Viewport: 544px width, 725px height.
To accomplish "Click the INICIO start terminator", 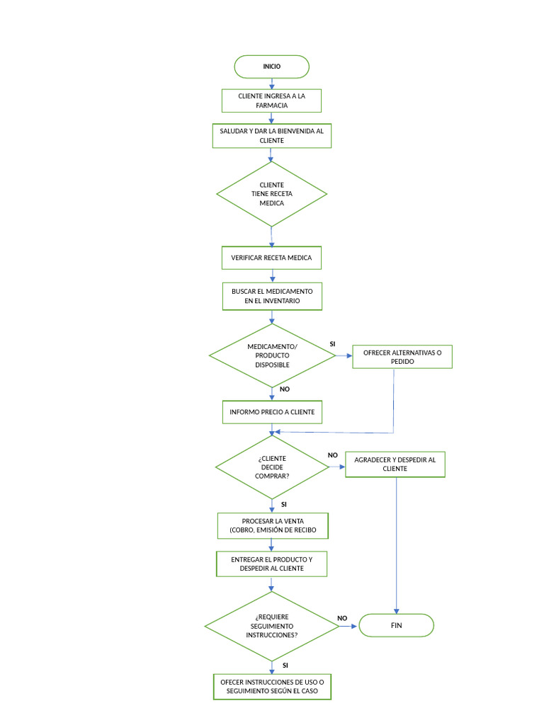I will pos(272,67).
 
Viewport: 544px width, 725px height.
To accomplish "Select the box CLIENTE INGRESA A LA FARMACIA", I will pos(272,101).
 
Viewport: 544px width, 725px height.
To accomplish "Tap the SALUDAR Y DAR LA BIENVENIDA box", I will pos(272,136).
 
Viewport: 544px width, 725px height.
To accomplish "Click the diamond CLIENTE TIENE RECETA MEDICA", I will pos(272,194).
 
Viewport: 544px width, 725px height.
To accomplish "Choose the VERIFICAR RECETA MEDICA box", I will pos(272,258).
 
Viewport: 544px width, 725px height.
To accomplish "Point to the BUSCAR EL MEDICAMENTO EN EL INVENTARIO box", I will pos(272,296).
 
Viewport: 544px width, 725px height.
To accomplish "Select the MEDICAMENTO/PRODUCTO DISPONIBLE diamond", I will pos(272,355).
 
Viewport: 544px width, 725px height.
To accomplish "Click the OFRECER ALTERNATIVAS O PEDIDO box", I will pos(402,357).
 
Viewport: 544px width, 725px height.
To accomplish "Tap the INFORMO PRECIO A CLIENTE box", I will pos(272,412).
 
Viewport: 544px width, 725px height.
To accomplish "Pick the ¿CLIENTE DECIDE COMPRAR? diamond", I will pos(272,467).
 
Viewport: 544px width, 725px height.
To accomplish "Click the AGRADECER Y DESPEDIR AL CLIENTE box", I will pos(395,464).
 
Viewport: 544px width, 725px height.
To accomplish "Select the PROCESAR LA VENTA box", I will pos(272,525).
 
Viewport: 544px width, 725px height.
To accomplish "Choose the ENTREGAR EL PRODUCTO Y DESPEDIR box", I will pos(272,564).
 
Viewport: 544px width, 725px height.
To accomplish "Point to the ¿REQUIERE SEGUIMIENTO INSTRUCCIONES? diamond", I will pos(272,626).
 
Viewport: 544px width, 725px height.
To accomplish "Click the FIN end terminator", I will pos(396,626).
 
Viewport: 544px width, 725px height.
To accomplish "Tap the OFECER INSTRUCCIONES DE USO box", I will pos(272,686).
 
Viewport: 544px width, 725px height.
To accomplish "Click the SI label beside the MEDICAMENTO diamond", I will pos(332,344).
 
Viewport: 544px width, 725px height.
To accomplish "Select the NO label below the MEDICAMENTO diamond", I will pos(285,389).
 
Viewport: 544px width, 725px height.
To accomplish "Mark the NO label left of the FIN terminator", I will pos(342,618).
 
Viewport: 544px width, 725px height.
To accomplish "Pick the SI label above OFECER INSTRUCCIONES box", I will pos(285,666).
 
